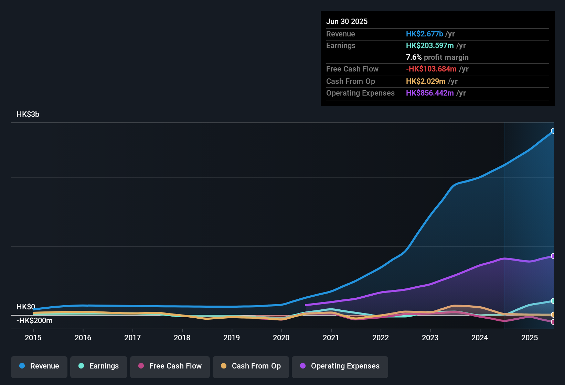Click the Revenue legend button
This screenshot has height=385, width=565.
pos(39,366)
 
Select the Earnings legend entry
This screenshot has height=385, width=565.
pos(99,366)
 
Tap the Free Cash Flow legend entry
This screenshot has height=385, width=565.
pos(170,366)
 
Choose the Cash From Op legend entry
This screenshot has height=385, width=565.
pos(251,366)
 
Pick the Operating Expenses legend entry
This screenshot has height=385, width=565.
pos(340,366)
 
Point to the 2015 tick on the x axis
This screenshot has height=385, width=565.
pos(33,338)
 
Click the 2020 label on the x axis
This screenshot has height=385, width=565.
pos(281,338)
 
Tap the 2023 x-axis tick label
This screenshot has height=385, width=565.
pos(430,338)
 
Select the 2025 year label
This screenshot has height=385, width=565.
pos(529,338)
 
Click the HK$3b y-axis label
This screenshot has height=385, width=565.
pos(28,114)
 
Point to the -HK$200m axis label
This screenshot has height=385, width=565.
pos(34,321)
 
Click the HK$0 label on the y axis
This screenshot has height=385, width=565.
pos(26,307)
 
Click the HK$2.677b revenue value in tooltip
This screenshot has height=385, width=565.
pos(424,34)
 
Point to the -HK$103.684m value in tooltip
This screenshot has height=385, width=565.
pos(431,69)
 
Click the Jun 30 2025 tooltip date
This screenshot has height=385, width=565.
pos(347,22)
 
